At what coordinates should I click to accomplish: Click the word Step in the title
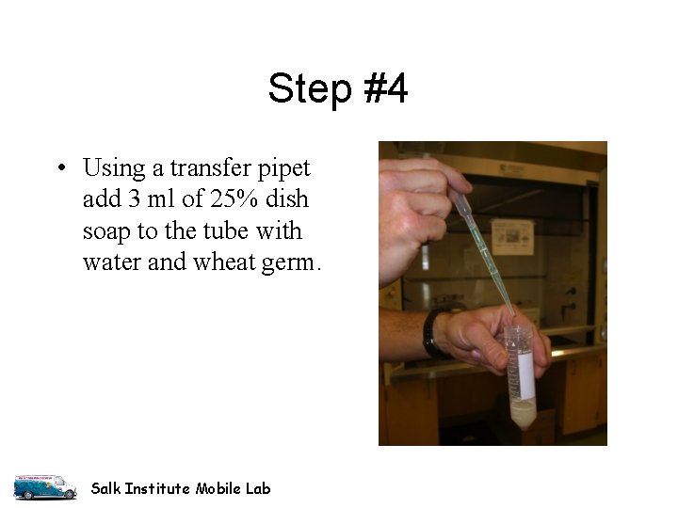click(304, 90)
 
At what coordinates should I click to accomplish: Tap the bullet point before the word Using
click(59, 170)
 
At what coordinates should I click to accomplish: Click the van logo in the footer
click(44, 485)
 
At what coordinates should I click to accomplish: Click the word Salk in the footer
click(106, 488)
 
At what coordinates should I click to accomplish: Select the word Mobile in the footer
click(218, 488)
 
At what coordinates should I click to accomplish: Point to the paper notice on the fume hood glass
click(513, 236)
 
